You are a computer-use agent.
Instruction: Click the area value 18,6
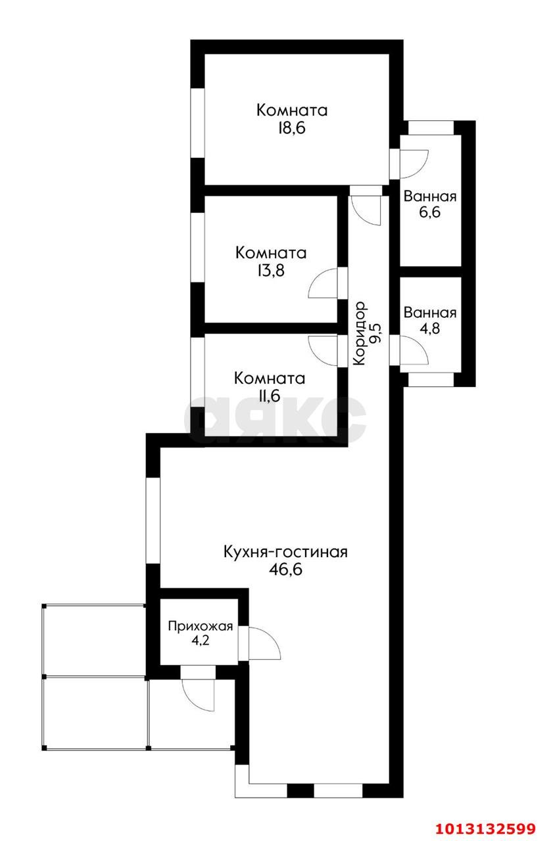click(x=292, y=128)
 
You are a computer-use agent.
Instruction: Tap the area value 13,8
click(x=271, y=270)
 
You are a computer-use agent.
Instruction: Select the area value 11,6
click(x=269, y=396)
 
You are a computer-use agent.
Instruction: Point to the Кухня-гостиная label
click(x=285, y=553)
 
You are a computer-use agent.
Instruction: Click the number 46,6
click(x=285, y=570)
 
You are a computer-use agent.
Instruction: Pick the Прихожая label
click(x=201, y=626)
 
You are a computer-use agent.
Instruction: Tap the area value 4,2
click(x=201, y=640)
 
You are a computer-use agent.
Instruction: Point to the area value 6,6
click(x=429, y=212)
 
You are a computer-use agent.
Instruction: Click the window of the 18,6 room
click(x=197, y=123)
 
